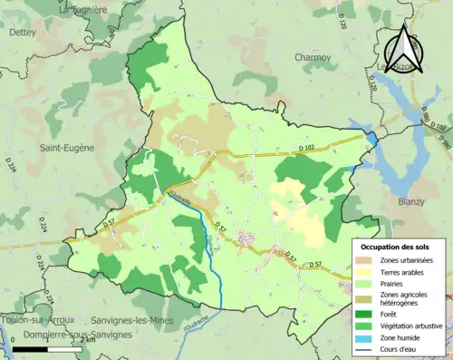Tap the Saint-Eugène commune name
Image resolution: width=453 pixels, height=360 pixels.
(67, 145)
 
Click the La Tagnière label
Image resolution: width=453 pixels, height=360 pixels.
(85, 9)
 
